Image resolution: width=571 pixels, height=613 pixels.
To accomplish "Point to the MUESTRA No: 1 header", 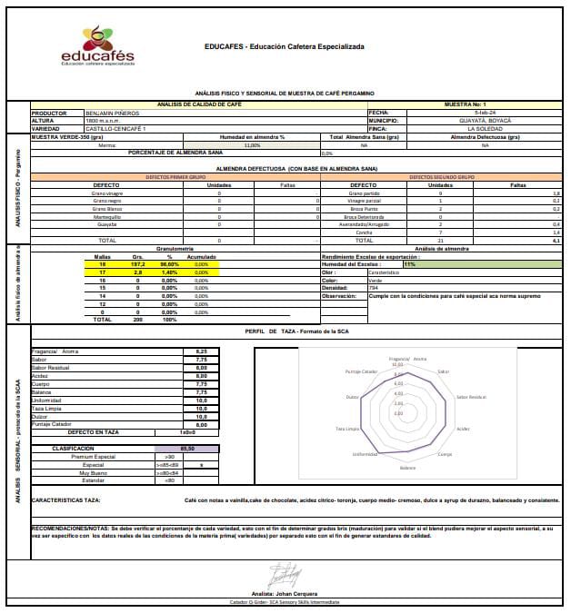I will click(x=466, y=105).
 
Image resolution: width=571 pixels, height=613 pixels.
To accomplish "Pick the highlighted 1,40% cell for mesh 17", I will click(x=169, y=272).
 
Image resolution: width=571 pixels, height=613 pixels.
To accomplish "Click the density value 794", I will click(x=374, y=288).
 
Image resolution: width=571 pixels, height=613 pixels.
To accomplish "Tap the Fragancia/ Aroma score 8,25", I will click(x=201, y=351).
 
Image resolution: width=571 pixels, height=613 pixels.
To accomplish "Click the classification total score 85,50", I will click(x=188, y=449).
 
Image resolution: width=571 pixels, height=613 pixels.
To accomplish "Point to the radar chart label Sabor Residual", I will click(x=471, y=397).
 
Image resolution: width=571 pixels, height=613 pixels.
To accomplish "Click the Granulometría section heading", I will click(x=175, y=248).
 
